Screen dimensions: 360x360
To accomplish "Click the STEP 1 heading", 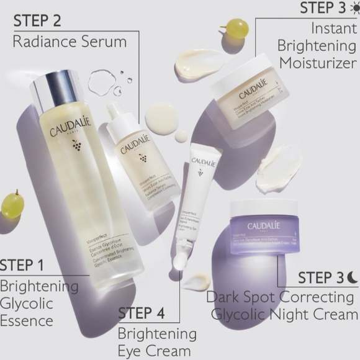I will pyautogui.click(x=22, y=266).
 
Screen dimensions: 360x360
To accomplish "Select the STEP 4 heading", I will pyautogui.click(x=141, y=313).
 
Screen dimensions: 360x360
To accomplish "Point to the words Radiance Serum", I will pyautogui.click(x=70, y=42).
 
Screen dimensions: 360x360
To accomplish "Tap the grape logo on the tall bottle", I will pyautogui.click(x=76, y=145).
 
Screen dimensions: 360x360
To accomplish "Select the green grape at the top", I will pyautogui.click(x=236, y=27).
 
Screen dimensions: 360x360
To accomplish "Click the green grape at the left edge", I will pyautogui.click(x=12, y=204).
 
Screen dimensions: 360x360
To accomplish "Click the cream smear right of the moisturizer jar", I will pyautogui.click(x=279, y=168).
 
